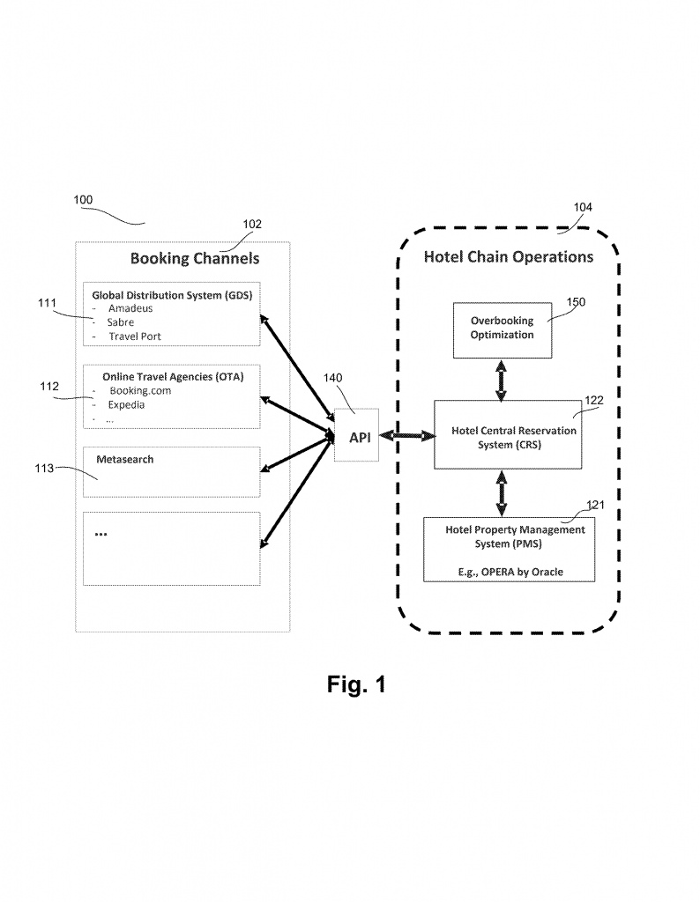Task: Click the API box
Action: (x=357, y=437)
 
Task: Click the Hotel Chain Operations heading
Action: (x=508, y=257)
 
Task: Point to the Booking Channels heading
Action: (x=195, y=258)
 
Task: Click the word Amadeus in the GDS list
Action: (x=130, y=308)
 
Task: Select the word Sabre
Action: (x=121, y=322)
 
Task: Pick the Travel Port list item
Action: (x=135, y=336)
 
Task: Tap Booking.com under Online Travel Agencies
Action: (x=140, y=390)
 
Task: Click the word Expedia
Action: (x=127, y=404)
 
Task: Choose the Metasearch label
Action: (x=124, y=459)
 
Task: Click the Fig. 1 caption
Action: (x=356, y=684)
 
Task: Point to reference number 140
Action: (x=333, y=378)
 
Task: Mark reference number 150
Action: (x=576, y=301)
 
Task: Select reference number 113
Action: (x=45, y=469)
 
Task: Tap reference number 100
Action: (x=83, y=200)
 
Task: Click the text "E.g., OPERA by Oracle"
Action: (x=510, y=572)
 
